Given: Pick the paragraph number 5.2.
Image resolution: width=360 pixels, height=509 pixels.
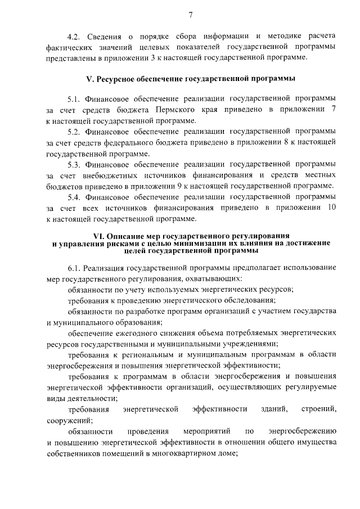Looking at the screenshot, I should [75, 132].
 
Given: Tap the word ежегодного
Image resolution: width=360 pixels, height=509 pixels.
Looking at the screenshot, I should [135, 333].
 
